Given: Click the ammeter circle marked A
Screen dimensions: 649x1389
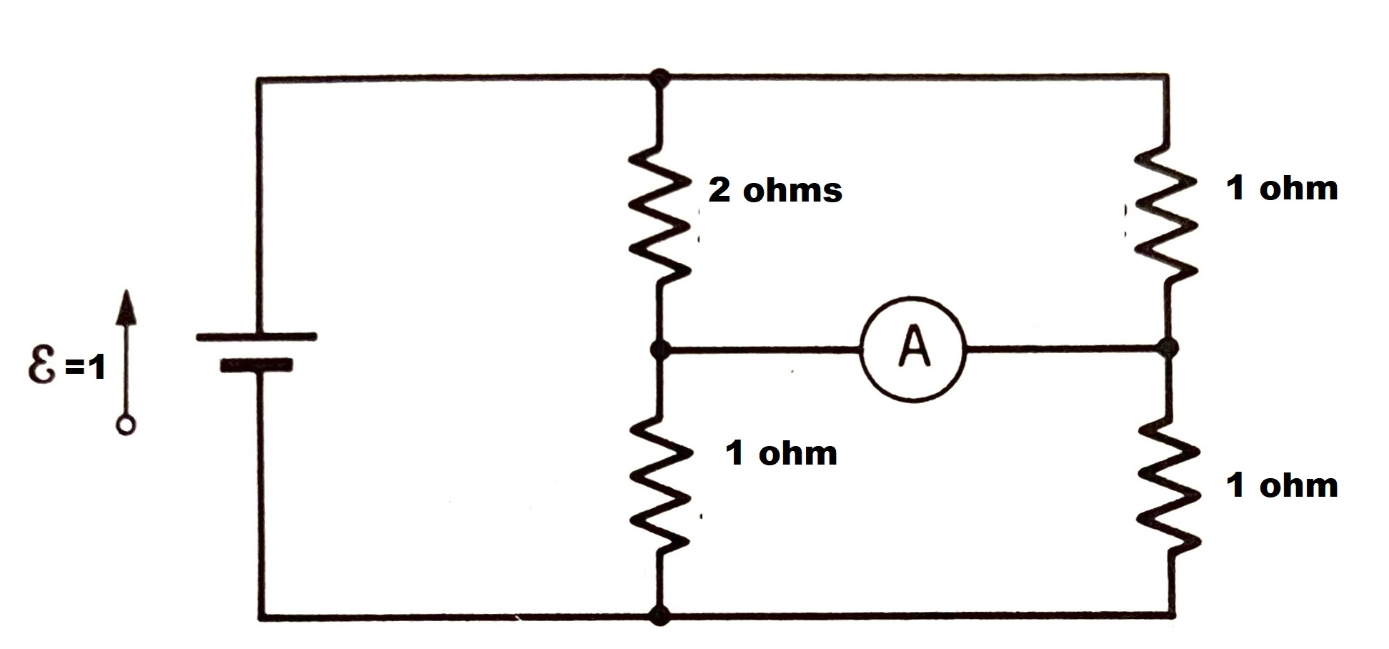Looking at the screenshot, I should (x=912, y=350).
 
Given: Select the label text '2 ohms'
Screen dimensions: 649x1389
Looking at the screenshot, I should (x=775, y=191).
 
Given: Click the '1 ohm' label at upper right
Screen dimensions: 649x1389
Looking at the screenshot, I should (x=1281, y=188).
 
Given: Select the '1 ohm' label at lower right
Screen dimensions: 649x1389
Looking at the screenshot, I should (x=1281, y=485).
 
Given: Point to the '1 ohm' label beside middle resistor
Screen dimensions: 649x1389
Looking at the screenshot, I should (x=780, y=453).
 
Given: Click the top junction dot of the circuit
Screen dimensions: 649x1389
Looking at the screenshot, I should (x=660, y=77).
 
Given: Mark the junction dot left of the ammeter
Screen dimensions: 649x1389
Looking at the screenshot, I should (x=660, y=350).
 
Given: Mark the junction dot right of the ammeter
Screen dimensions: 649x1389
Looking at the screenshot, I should (x=1167, y=349).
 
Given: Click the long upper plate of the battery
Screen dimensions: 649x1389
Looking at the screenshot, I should (x=256, y=336).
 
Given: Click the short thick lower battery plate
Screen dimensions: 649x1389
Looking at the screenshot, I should (x=256, y=365).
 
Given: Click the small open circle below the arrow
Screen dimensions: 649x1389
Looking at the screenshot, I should (x=126, y=426).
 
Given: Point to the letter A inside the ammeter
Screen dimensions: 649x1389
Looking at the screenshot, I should (x=914, y=347).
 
